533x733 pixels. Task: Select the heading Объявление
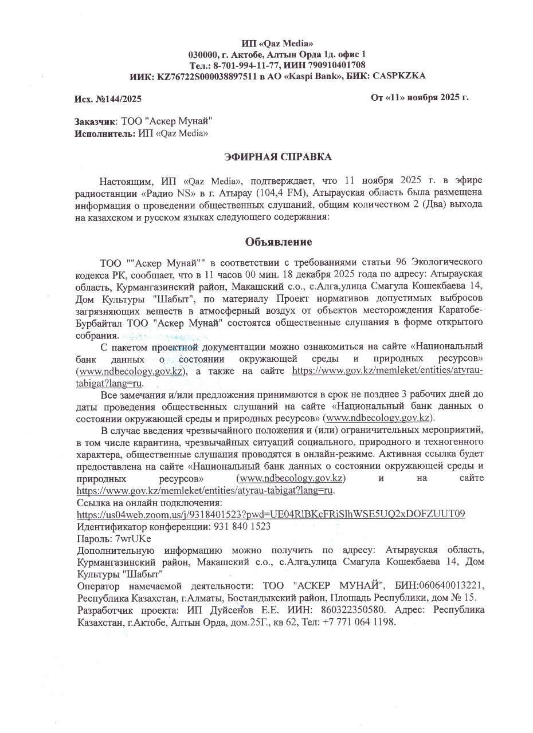point(279,242)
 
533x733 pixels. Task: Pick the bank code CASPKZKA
point(399,76)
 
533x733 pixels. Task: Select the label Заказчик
point(95,121)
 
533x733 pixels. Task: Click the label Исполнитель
point(105,133)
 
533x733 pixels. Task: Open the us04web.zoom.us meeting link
point(271,513)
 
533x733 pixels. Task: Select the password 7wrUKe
point(133,538)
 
